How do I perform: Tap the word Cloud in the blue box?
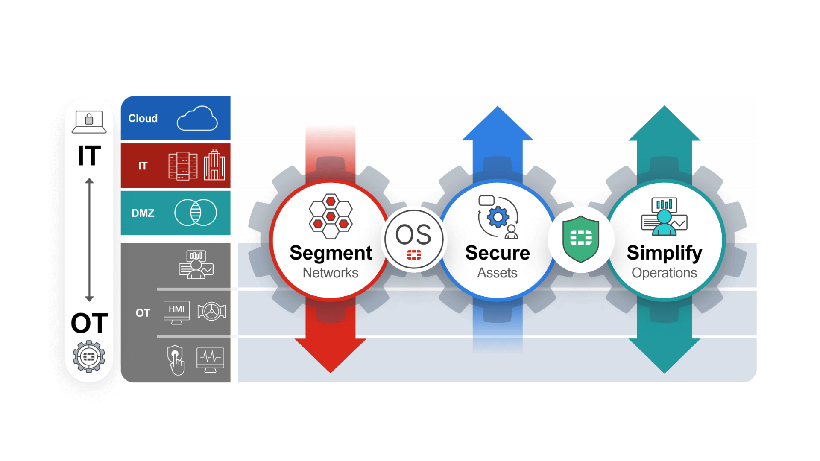(143, 118)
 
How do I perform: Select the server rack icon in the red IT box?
(183, 166)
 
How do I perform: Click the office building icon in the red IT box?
(214, 165)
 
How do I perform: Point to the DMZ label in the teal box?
(143, 213)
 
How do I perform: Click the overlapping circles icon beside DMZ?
(196, 213)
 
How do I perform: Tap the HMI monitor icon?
(176, 312)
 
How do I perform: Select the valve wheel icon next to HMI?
(211, 311)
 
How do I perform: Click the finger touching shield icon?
(176, 360)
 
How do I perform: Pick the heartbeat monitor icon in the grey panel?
(210, 359)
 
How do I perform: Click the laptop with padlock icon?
(89, 122)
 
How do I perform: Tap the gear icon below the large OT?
(89, 356)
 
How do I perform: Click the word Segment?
(331, 253)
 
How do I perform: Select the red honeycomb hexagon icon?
(331, 216)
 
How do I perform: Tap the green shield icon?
(581, 239)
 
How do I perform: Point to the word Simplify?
(664, 253)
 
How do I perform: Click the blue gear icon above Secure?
(498, 217)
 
